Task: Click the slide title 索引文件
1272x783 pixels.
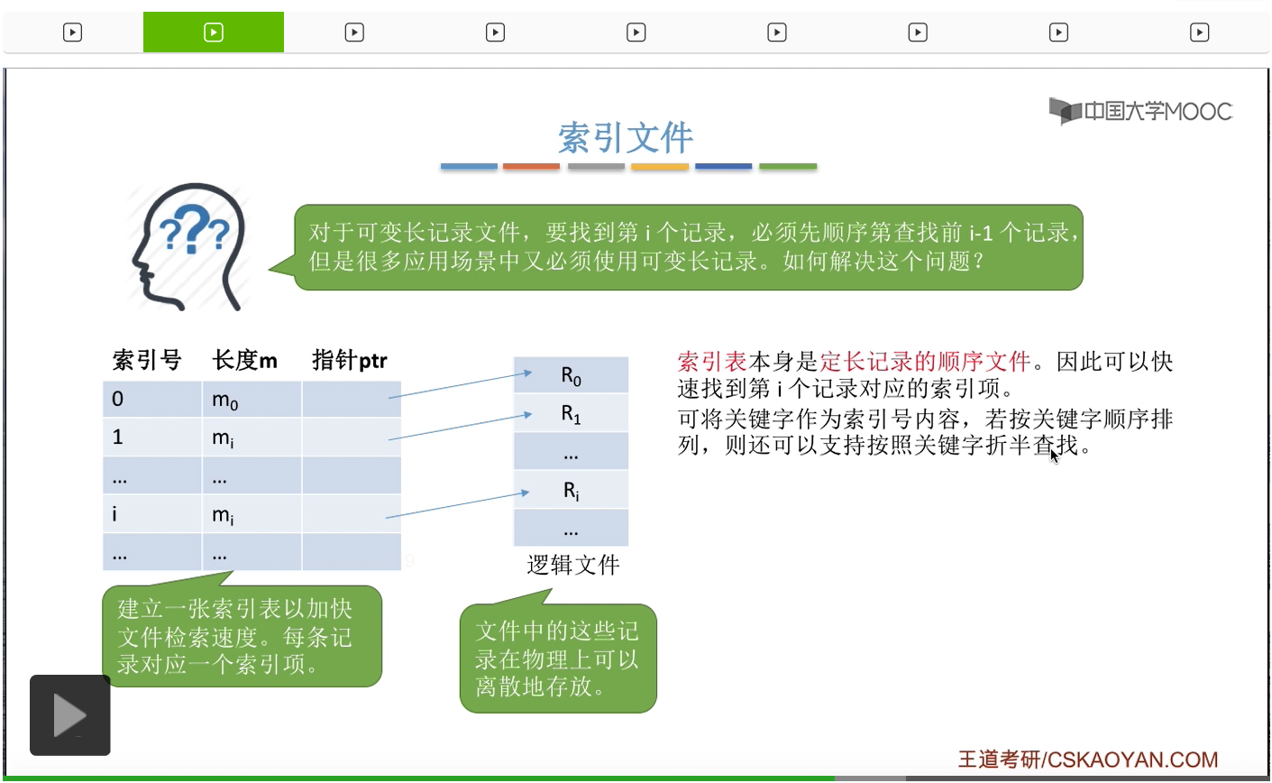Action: (x=626, y=138)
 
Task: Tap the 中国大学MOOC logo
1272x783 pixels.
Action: (x=1140, y=111)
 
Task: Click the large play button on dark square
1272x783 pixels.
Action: (x=69, y=714)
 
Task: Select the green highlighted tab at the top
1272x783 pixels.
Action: (x=214, y=32)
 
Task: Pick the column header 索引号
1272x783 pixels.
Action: (x=147, y=360)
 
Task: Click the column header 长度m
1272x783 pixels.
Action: (x=244, y=360)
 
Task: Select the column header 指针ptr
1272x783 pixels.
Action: (x=350, y=360)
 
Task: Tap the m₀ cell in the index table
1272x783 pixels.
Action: (x=252, y=400)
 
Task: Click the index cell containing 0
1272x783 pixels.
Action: (x=151, y=400)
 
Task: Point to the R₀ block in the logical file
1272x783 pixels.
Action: (x=571, y=375)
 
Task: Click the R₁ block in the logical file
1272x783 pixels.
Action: (x=571, y=413)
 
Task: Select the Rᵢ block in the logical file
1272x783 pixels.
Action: (x=571, y=490)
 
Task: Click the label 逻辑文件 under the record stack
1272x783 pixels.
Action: (x=573, y=566)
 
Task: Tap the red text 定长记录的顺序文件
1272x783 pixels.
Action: (x=925, y=362)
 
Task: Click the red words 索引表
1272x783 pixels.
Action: (x=712, y=362)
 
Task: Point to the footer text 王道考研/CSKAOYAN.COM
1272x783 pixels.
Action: (x=1088, y=760)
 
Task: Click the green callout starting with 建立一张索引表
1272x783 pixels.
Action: (x=242, y=636)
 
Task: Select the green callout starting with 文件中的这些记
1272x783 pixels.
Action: (x=558, y=658)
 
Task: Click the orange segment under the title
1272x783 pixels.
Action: (x=531, y=167)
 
